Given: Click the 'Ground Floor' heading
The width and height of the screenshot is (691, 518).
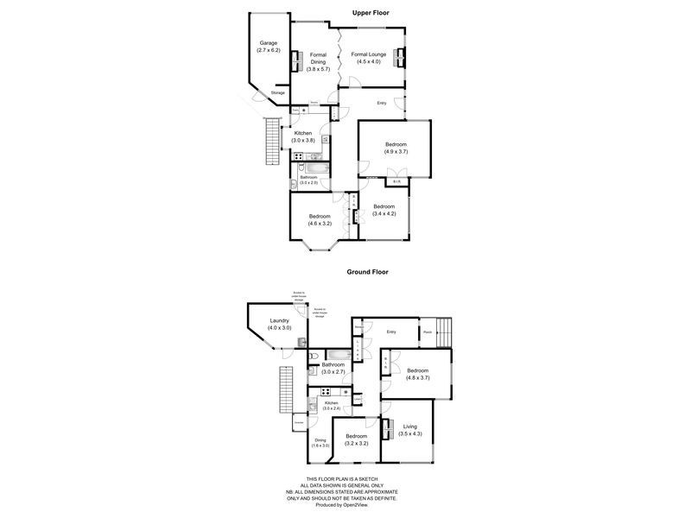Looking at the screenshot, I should click(x=368, y=271).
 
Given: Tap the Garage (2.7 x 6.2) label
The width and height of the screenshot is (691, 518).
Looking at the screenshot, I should click(x=269, y=47).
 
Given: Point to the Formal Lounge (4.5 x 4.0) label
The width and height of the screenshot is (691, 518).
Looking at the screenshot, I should click(x=368, y=58).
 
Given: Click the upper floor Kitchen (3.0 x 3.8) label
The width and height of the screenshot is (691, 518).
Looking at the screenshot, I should click(x=303, y=136).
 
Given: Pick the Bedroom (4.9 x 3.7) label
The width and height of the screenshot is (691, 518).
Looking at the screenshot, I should click(x=396, y=148).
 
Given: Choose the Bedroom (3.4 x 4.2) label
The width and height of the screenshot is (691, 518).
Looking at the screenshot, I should click(x=383, y=210).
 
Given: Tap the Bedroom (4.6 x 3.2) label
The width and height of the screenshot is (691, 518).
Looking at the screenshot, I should click(x=320, y=219).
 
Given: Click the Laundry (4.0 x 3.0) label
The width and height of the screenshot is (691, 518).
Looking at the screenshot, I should click(x=279, y=324).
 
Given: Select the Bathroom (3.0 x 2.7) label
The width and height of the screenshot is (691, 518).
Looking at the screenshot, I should click(x=333, y=368).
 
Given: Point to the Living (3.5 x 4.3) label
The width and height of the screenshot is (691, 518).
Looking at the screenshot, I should click(x=409, y=430).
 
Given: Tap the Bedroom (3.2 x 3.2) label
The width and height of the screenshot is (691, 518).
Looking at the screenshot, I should click(x=357, y=440).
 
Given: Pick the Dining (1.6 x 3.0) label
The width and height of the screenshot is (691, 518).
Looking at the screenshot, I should click(x=320, y=443).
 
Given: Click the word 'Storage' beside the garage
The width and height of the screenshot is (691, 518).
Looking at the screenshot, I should click(x=277, y=92).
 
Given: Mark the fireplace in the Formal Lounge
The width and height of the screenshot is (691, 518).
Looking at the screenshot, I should click(x=400, y=57).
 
